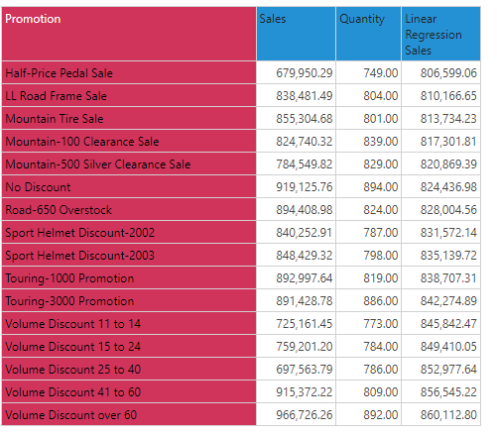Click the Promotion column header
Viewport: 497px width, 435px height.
(33, 19)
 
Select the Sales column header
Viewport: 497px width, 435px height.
(273, 19)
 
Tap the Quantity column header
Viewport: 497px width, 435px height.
(362, 19)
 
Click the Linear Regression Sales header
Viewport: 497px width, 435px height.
(434, 35)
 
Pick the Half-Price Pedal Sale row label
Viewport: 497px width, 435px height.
(59, 73)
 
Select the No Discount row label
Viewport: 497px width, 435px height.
(38, 187)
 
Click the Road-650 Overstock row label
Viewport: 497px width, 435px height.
(59, 210)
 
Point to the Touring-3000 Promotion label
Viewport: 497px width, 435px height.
(69, 301)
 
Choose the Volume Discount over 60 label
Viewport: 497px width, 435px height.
(70, 415)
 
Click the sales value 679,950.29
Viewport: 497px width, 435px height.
(305, 73)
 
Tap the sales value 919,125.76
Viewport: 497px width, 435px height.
(305, 187)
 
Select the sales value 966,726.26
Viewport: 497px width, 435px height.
(305, 415)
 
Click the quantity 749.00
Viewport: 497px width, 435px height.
(381, 73)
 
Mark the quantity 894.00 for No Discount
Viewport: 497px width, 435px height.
(381, 187)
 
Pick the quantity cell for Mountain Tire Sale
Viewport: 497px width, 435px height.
(381, 119)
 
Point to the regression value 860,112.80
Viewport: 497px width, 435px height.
(448, 415)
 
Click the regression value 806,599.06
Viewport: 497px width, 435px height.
(448, 73)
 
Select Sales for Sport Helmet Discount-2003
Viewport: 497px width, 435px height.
(305, 256)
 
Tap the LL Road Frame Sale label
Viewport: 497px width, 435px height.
(56, 96)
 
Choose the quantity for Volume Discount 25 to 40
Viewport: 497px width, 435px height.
(381, 370)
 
